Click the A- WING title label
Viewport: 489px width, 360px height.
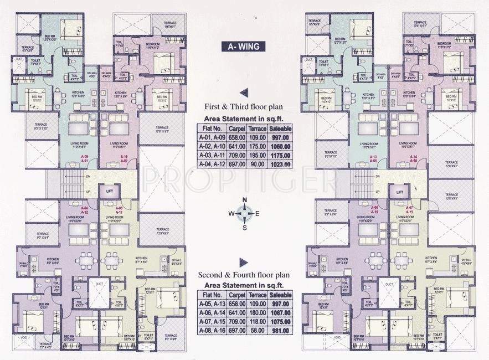[x=244, y=47]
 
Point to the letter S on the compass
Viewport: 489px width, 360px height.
[x=244, y=227]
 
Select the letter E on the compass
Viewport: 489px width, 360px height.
[x=257, y=213]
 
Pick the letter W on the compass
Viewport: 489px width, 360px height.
[x=230, y=213]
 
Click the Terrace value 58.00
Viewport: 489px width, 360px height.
[x=258, y=331]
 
